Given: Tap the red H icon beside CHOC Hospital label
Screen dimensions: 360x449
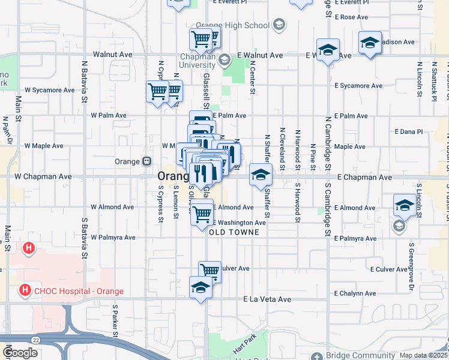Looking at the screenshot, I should click(x=25, y=291).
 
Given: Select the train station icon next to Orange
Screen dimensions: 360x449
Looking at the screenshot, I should click(x=146, y=161).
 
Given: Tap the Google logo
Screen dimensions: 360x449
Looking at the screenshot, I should click(x=20, y=353).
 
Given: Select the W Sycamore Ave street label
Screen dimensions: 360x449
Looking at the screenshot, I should click(x=50, y=90).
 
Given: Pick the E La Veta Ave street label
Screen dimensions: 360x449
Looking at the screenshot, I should click(x=267, y=299).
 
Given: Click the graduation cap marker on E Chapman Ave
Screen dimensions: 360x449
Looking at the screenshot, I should click(x=261, y=175).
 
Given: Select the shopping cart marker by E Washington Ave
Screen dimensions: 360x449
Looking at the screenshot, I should click(x=202, y=214).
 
